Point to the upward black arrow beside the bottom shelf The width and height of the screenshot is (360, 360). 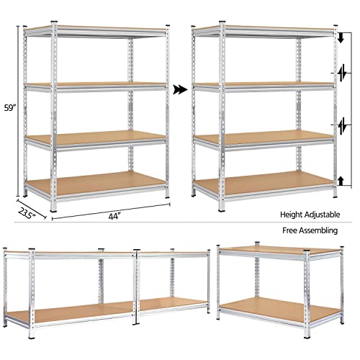click(x=341, y=179)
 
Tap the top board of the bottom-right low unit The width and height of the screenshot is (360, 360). click(x=279, y=249)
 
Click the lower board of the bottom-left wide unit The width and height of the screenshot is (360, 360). click(x=72, y=310)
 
